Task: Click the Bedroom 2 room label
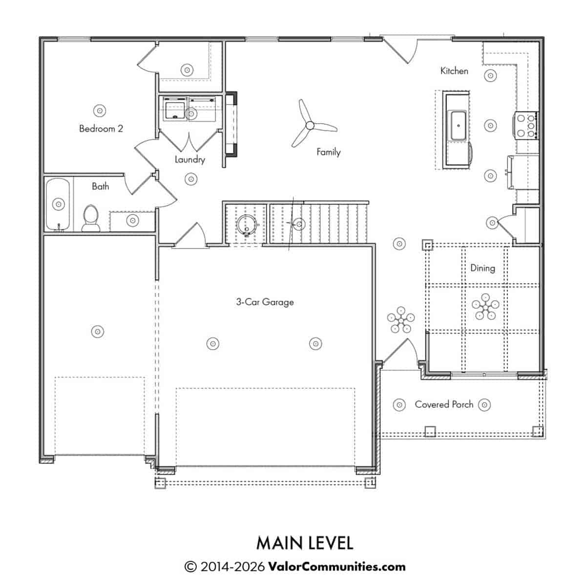pos(101,128)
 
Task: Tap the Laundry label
pos(190,160)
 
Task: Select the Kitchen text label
pos(454,71)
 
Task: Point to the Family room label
pos(329,152)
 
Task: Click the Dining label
pos(482,268)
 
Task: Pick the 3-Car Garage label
pos(265,302)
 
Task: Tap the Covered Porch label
pos(444,404)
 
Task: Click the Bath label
pos(101,186)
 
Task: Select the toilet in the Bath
pos(91,218)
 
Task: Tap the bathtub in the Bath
pos(58,204)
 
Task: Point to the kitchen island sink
pos(458,126)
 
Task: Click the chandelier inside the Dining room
pos(485,307)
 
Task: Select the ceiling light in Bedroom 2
pos(100,111)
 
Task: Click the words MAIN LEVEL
pos(305,543)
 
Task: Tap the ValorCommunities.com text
pos(337,566)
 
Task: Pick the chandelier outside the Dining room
pos(401,320)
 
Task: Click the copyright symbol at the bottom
pos(190,567)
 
